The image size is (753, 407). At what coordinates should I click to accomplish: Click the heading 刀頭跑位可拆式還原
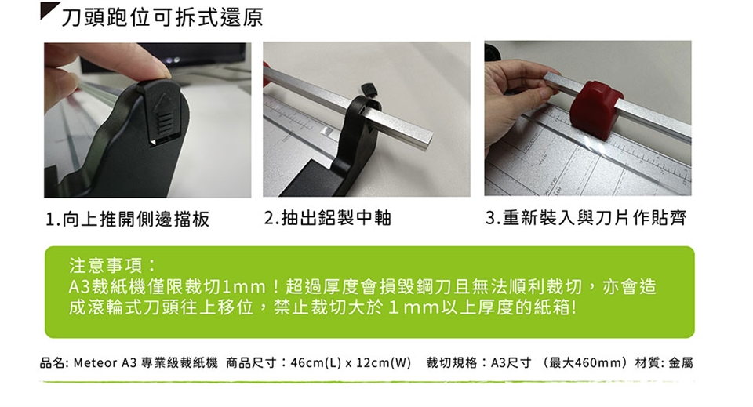[x=162, y=18]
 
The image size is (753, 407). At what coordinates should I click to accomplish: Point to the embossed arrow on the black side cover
[x=163, y=111]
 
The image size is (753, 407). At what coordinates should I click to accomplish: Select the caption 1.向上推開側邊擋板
[x=127, y=220]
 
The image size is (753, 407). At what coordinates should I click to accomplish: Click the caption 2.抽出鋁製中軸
[x=328, y=218]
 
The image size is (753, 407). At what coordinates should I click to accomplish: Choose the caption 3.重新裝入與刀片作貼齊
[x=586, y=218]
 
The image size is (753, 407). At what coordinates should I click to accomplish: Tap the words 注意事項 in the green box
[x=107, y=265]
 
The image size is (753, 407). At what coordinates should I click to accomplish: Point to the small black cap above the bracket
[x=369, y=89]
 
